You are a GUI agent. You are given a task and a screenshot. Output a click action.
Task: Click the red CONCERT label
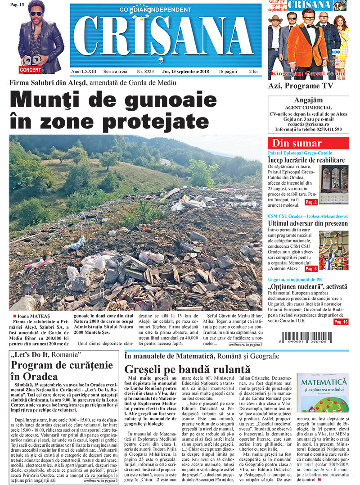pos(30,70)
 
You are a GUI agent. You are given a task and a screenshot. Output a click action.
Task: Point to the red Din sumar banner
pos(308,143)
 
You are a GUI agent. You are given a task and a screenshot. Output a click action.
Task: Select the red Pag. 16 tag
pos(341,322)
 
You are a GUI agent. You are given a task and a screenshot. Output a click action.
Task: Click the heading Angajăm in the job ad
pos(308,100)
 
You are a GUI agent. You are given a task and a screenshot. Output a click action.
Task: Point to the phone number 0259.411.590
pos(327,129)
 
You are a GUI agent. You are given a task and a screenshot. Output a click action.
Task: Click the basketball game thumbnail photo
pos(333,250)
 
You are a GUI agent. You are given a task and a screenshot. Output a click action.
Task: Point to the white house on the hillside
pos(165,162)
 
